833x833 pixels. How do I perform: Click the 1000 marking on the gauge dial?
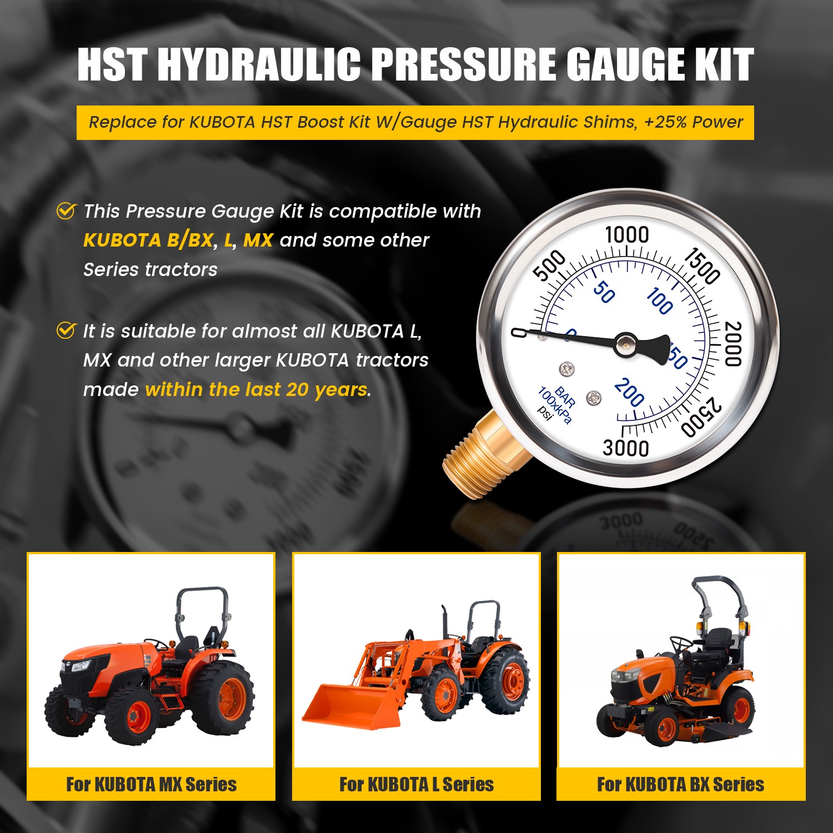click(626, 234)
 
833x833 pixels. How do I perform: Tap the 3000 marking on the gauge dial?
click(626, 448)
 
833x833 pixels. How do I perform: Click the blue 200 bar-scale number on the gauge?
click(629, 392)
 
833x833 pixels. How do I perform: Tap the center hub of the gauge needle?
click(626, 345)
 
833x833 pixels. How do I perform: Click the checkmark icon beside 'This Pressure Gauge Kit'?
click(66, 211)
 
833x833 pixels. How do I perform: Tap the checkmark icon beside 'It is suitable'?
click(66, 331)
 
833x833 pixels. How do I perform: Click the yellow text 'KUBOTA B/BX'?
click(148, 240)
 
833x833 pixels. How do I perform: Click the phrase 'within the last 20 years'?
click(257, 390)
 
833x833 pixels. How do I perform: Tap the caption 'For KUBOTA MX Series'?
click(151, 784)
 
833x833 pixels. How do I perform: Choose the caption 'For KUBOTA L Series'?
click(416, 784)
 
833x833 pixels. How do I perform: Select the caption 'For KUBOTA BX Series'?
click(680, 784)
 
